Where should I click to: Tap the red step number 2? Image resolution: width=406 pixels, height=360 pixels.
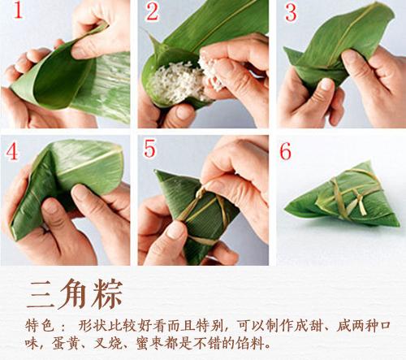pyautogui.click(x=152, y=13)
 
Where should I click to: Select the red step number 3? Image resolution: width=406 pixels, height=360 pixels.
pyautogui.click(x=291, y=14)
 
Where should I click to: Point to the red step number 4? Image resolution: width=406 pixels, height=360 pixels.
pyautogui.click(x=13, y=152)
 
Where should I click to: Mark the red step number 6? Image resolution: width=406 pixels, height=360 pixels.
pyautogui.click(x=285, y=152)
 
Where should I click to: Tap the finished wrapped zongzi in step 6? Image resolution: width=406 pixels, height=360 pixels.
pyautogui.click(x=341, y=195)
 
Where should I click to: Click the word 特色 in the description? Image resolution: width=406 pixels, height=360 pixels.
pyautogui.click(x=41, y=324)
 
